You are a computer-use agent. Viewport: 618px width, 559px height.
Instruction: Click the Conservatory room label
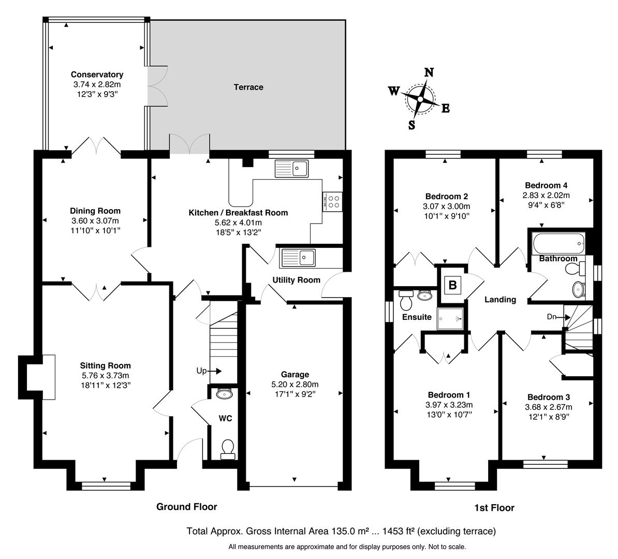pos(97,75)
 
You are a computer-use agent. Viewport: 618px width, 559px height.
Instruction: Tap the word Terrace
pos(248,87)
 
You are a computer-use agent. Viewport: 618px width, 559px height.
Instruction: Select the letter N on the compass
pos(429,72)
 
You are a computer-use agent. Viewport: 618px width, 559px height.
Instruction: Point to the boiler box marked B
pos(452,284)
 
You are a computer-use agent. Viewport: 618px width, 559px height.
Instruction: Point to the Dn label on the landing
pos(552,316)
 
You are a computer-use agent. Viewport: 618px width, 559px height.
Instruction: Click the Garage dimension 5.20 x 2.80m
pos(295,384)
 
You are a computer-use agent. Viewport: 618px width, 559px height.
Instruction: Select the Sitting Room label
pos(105,365)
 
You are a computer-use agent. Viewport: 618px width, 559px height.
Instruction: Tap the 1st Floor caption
pos(494,508)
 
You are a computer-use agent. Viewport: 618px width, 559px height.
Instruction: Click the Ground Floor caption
pos(187,507)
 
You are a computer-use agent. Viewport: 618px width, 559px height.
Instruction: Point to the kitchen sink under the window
pos(292,168)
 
